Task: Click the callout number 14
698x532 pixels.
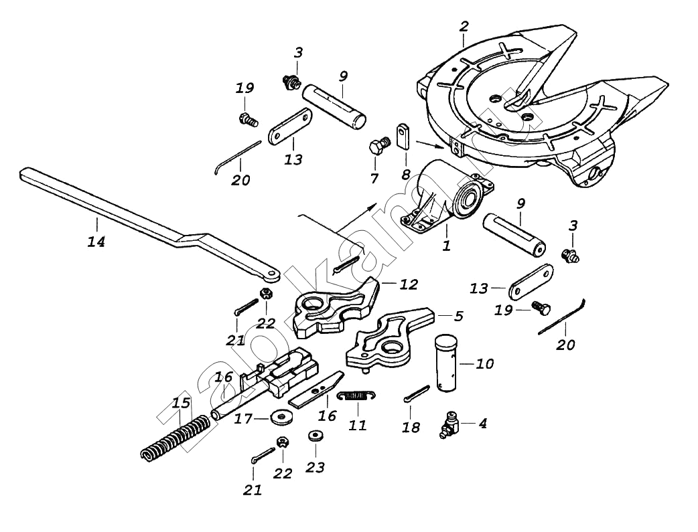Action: tap(96, 242)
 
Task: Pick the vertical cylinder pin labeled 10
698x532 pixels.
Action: tap(445, 364)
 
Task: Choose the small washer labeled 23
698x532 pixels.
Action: tap(313, 436)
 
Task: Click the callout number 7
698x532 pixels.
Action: tap(374, 178)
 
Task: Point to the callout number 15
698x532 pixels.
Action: tap(181, 404)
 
